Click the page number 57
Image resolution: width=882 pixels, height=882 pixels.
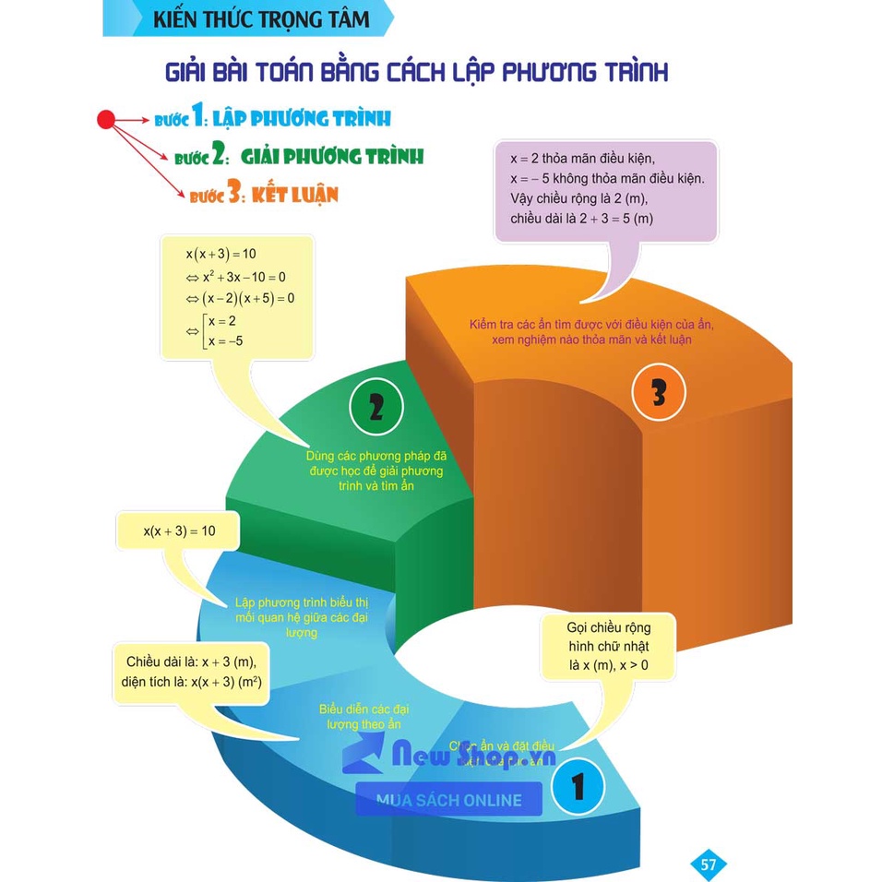click(709, 864)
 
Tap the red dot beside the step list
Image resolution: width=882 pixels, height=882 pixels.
click(106, 119)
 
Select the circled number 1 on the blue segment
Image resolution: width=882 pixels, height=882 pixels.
click(578, 787)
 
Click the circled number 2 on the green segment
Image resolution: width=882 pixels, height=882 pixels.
click(375, 407)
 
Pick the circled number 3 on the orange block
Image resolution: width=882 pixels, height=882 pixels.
click(659, 392)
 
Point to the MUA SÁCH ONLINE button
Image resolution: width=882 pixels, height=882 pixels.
click(449, 800)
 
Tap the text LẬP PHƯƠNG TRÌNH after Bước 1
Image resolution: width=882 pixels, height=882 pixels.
click(302, 118)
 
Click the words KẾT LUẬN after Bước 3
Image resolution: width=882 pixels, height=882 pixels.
click(300, 195)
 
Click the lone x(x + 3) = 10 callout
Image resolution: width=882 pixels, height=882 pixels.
click(179, 530)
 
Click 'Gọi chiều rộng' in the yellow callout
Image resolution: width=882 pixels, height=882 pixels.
click(608, 627)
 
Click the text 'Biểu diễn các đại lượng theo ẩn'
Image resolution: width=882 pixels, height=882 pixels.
click(364, 717)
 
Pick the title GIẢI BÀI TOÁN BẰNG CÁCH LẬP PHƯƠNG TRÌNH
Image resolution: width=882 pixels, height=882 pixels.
click(415, 72)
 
